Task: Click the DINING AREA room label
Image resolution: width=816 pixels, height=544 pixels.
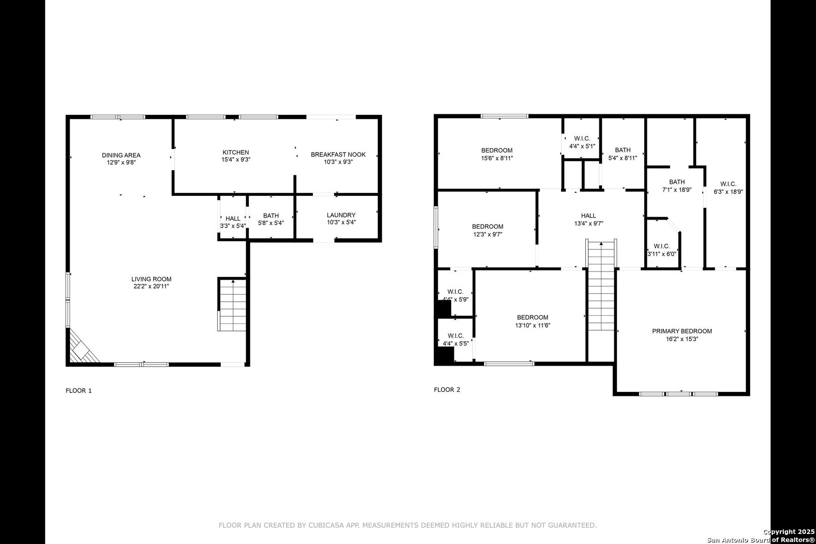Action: click(121, 155)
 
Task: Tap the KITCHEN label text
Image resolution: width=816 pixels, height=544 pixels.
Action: click(236, 152)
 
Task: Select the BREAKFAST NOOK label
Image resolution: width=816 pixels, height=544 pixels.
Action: click(338, 155)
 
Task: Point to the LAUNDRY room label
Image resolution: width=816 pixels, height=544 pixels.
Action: click(341, 215)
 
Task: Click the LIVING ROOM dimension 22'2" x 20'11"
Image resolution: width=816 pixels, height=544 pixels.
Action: click(151, 287)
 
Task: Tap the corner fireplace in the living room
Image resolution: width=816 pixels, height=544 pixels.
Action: click(83, 347)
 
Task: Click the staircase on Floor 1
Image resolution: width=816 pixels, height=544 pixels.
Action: click(232, 305)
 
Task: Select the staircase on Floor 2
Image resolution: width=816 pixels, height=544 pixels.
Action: click(601, 285)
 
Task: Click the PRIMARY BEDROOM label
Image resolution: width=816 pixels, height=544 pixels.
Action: click(682, 331)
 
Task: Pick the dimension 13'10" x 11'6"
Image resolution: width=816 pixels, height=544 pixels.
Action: click(532, 325)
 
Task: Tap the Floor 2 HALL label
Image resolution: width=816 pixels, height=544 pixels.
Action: click(589, 216)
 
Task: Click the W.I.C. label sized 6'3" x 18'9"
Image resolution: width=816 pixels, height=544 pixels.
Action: click(728, 184)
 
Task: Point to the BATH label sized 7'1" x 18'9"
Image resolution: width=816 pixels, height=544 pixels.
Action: click(677, 182)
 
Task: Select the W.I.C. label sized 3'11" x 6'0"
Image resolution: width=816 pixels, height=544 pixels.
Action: click(661, 246)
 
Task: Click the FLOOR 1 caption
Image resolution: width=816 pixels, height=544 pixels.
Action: click(79, 390)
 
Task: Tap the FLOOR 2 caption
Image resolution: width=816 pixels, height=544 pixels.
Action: click(447, 389)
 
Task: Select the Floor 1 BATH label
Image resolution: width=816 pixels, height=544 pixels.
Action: click(271, 216)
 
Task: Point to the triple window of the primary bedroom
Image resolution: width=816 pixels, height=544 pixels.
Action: click(678, 393)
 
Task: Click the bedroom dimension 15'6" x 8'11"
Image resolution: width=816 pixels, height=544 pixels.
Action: click(497, 158)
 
